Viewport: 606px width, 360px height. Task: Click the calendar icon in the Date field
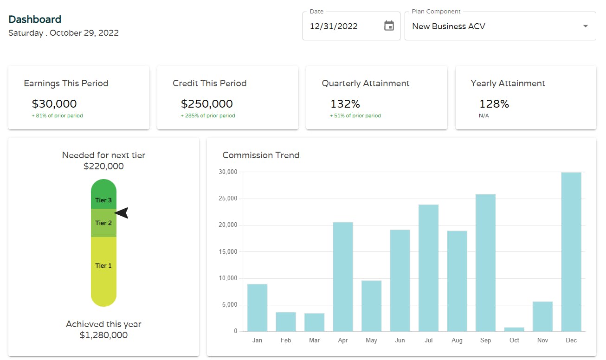389,26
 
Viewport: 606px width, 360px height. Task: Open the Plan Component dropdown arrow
586,26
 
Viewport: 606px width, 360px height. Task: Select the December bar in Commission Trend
571,252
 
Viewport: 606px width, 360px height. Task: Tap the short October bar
514,329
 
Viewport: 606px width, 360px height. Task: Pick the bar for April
343,276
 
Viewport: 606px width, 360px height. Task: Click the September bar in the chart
486,263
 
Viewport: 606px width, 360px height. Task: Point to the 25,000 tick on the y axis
228,198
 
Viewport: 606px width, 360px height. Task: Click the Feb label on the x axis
286,340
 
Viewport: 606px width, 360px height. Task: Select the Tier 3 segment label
103,200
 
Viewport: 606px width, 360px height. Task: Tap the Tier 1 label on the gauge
103,266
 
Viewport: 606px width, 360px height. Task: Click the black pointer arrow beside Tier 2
121,213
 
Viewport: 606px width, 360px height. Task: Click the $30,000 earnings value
54,103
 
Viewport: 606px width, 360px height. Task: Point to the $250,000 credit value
206,103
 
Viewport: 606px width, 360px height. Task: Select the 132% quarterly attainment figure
345,103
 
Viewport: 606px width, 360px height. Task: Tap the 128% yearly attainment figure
494,103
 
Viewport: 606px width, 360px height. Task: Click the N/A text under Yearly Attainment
484,116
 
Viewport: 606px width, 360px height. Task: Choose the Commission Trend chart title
261,155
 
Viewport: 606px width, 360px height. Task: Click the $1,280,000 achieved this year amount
103,335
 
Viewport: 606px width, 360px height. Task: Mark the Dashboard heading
35,19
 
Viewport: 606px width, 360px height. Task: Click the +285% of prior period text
208,116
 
